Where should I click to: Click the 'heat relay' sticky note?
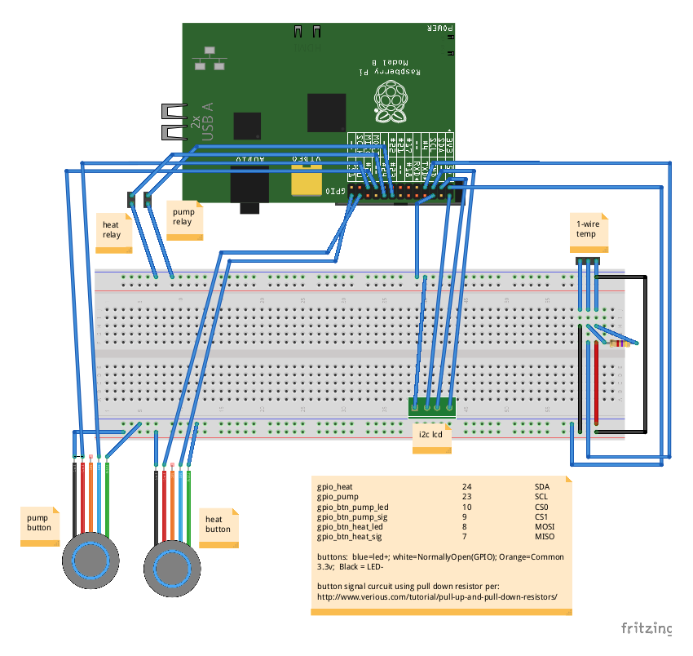[x=112, y=229]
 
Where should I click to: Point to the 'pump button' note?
[x=38, y=523]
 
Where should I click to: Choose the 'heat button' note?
[x=218, y=524]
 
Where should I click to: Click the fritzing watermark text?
[x=647, y=628]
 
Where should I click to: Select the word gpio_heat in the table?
[x=334, y=486]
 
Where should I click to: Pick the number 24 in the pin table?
[x=466, y=486]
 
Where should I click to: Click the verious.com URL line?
[x=437, y=597]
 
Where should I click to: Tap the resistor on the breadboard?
[x=620, y=344]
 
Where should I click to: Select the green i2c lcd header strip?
[x=432, y=406]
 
